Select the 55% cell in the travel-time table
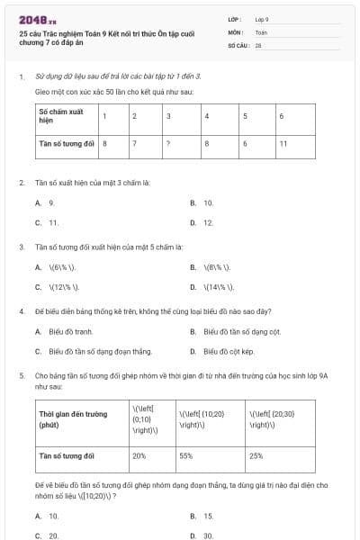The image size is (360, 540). point(187,456)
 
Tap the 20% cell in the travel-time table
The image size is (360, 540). point(139,456)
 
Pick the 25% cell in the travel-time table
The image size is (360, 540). point(256,456)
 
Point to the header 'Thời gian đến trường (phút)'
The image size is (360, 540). point(72,418)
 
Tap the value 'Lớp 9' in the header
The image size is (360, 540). point(262,19)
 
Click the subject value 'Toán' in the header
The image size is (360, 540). point(261,31)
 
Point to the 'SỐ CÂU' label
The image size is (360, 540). point(238,44)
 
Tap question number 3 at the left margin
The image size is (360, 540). point(22,246)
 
